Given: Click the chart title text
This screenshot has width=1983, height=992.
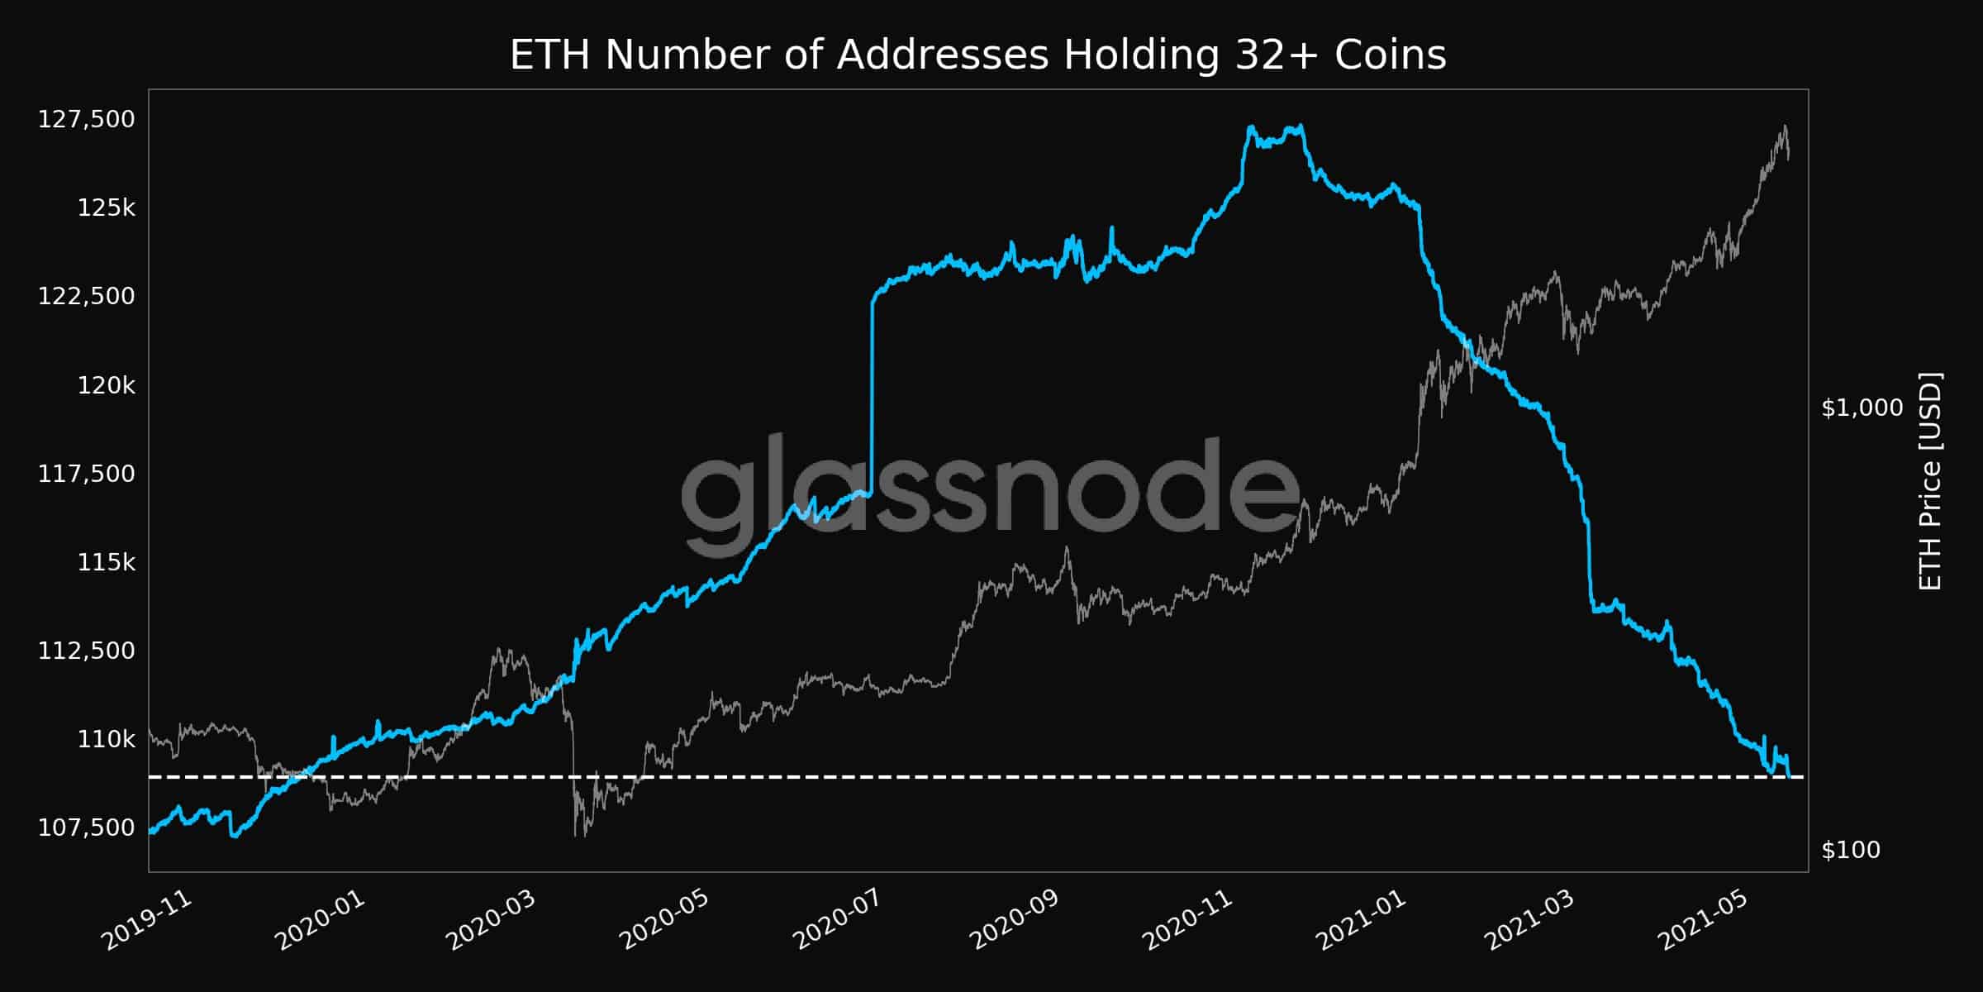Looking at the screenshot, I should [x=977, y=55].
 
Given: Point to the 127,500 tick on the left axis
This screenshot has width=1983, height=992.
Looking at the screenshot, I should [x=86, y=119].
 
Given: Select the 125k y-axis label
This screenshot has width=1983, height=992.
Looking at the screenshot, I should [x=106, y=207].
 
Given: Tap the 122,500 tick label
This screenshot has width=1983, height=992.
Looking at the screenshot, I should [x=86, y=296].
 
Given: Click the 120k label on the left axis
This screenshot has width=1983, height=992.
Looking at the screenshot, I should [x=106, y=385].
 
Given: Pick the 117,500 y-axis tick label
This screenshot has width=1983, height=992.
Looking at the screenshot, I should [x=86, y=474].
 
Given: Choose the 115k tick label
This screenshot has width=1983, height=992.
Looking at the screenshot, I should [x=106, y=562].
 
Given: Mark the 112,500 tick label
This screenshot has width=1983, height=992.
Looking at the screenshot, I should [x=86, y=651].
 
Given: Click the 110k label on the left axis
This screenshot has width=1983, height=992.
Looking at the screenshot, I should [x=106, y=739].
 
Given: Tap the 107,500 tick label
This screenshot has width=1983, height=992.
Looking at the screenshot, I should [x=86, y=827].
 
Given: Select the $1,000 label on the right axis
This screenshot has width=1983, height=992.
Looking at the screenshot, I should [x=1862, y=408].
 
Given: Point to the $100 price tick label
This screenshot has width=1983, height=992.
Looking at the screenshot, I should [x=1851, y=850].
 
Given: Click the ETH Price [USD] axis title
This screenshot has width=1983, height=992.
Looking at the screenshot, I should [x=1930, y=481].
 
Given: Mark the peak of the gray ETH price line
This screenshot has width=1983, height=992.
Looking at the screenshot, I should [x=1785, y=126].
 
